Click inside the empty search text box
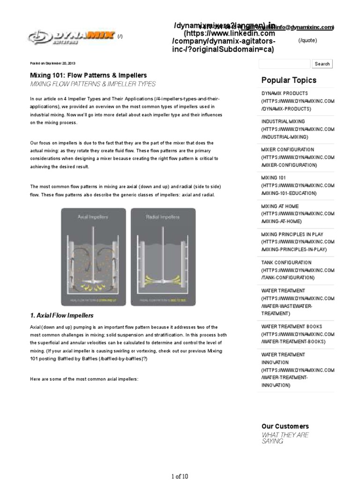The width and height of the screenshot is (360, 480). point(284,64)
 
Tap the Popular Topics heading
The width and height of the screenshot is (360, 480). point(289,80)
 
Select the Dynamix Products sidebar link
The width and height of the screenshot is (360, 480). point(298,101)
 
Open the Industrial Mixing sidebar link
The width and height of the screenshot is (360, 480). point(298,129)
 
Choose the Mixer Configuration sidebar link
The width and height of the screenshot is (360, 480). point(298,157)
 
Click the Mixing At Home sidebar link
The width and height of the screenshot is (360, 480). point(298,214)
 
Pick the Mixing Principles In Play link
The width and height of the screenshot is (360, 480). point(298,242)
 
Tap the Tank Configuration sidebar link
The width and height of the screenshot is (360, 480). point(298,270)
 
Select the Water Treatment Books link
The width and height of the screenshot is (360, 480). point(298,334)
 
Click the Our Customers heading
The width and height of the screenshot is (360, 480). point(285,426)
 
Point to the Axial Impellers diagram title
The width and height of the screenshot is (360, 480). point(92,217)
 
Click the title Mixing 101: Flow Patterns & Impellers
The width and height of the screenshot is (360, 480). point(88,75)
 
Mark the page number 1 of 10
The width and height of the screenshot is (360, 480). point(180,476)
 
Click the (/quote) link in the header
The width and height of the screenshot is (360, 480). point(307,41)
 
